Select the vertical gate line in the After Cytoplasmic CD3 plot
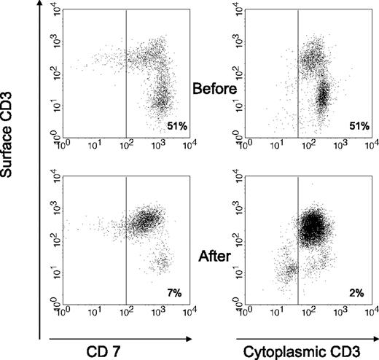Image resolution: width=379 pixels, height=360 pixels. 298,240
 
